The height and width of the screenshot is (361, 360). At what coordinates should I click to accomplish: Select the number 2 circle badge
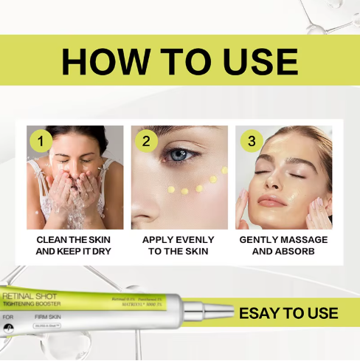(146, 140)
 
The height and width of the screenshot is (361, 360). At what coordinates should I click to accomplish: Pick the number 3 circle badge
(251, 140)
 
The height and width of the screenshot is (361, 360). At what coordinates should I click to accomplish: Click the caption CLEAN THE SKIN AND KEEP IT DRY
(74, 246)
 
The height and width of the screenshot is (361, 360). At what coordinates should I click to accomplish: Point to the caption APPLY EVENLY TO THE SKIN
(179, 246)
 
